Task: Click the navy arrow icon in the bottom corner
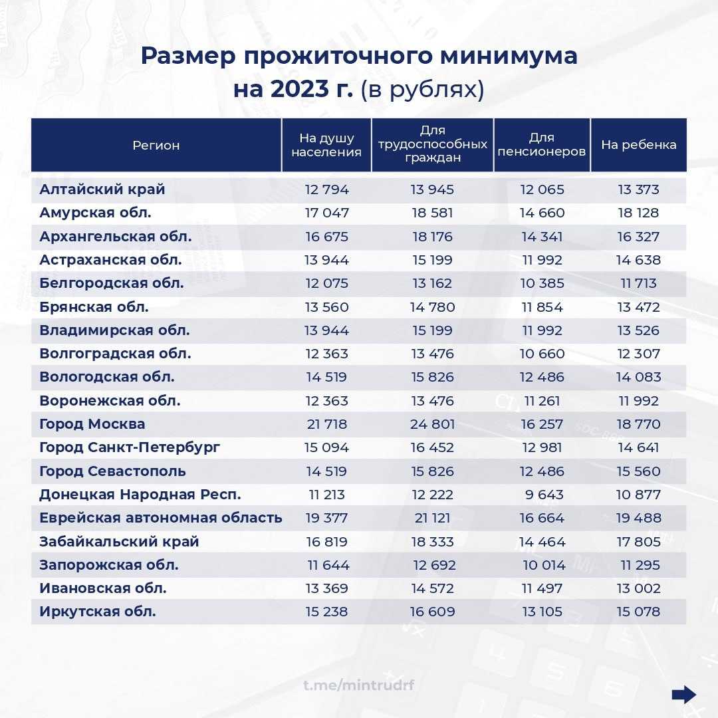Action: pyautogui.click(x=683, y=695)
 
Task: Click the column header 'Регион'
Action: pyautogui.click(x=156, y=145)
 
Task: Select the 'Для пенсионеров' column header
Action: pyautogui.click(x=541, y=145)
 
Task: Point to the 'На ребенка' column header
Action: pyautogui.click(x=638, y=145)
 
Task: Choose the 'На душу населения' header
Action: pyautogui.click(x=326, y=145)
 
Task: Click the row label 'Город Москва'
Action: pyautogui.click(x=92, y=424)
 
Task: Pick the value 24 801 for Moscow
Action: pyautogui.click(x=432, y=424)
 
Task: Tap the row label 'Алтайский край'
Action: pyautogui.click(x=102, y=189)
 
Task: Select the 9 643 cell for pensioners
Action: pyautogui.click(x=543, y=495)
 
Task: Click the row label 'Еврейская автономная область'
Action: pyautogui.click(x=161, y=518)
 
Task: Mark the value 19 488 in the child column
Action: pyautogui.click(x=638, y=518)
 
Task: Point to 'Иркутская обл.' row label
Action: pyautogui.click(x=98, y=612)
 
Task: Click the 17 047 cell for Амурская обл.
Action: pyautogui.click(x=326, y=213)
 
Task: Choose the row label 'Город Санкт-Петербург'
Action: pyautogui.click(x=130, y=447)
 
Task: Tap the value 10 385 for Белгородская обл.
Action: pyautogui.click(x=542, y=283)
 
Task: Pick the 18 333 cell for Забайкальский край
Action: pyautogui.click(x=432, y=542)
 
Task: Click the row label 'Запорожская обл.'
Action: pyautogui.click(x=109, y=565)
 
